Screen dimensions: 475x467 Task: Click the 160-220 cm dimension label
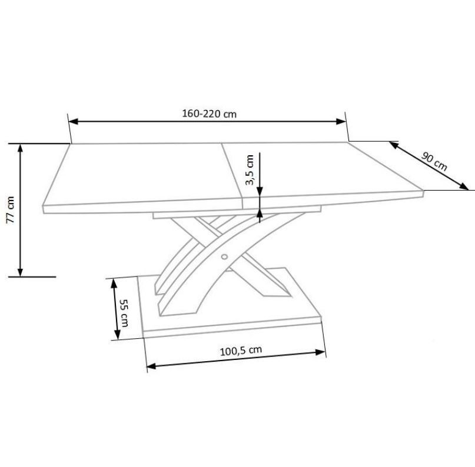point(209,114)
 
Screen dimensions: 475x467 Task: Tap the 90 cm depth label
point(434,161)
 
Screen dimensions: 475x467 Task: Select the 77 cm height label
point(10,210)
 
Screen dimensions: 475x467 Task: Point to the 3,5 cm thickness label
point(250,170)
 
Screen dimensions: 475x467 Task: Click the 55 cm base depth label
point(124,313)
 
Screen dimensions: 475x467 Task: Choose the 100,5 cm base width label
point(241,351)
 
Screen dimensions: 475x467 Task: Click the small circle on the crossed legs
point(224,257)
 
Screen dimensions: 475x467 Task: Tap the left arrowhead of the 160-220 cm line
point(74,121)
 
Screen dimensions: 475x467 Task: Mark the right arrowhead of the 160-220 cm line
point(341,121)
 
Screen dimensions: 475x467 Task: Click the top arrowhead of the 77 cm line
point(20,148)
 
